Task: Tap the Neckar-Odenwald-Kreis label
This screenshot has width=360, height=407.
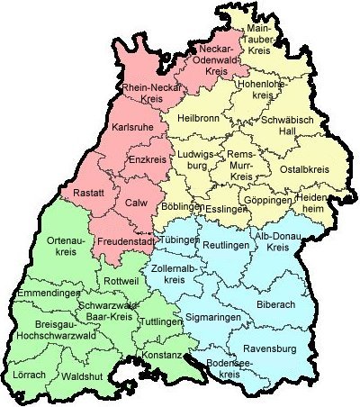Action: pyautogui.click(x=215, y=58)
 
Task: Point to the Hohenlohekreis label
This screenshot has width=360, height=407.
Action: pyautogui.click(x=260, y=89)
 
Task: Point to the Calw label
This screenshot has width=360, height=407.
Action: pyautogui.click(x=137, y=203)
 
